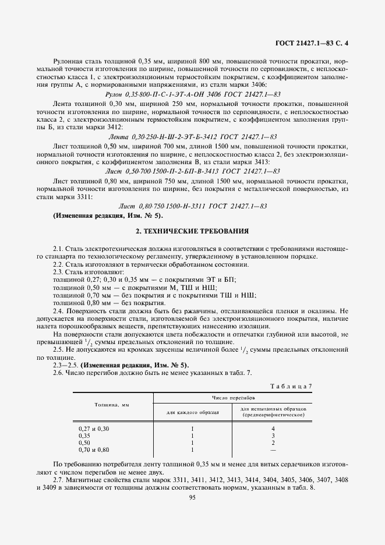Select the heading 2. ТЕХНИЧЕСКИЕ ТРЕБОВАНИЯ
pos(192,231)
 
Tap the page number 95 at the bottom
pos(192,496)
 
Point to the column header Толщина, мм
pos(111,404)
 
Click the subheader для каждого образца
pos(192,412)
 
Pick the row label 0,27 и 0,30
pos(94,429)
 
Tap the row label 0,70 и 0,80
pos(94,449)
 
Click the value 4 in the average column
pos(273,429)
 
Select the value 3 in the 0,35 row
pos(273,436)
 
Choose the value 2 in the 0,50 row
pos(273,443)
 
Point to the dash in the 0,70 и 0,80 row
pos(273,449)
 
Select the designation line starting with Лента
pos(192,136)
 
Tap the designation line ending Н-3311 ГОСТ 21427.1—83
pos(192,206)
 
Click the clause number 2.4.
pos(58,311)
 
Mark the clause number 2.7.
pos(58,479)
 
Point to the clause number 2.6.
pos(58,373)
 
